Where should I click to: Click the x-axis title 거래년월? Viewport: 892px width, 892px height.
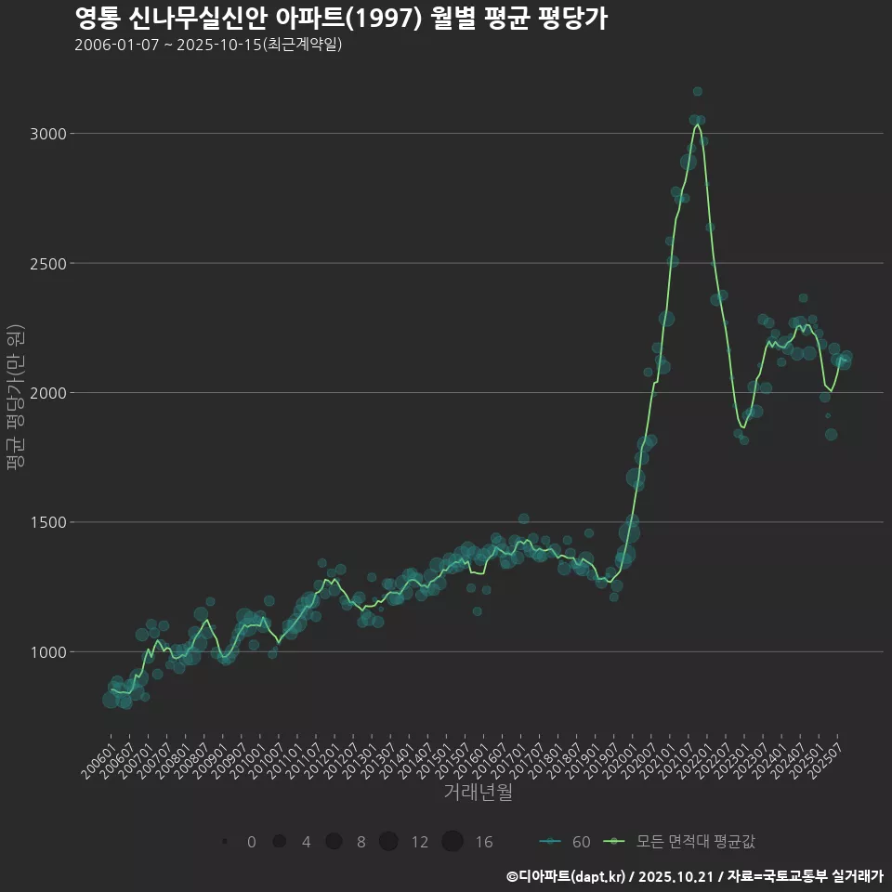coord(478,793)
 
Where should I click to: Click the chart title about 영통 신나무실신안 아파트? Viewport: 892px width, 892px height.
coord(340,19)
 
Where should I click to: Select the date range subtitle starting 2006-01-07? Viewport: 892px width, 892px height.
coord(208,45)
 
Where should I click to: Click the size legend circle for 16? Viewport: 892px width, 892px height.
coord(453,842)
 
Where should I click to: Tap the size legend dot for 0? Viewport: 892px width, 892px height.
coord(225,842)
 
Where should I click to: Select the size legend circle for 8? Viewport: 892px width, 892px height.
coord(334,842)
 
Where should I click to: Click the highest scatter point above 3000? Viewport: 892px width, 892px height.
coord(698,91)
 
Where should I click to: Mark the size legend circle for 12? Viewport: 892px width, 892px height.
coord(388,842)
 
